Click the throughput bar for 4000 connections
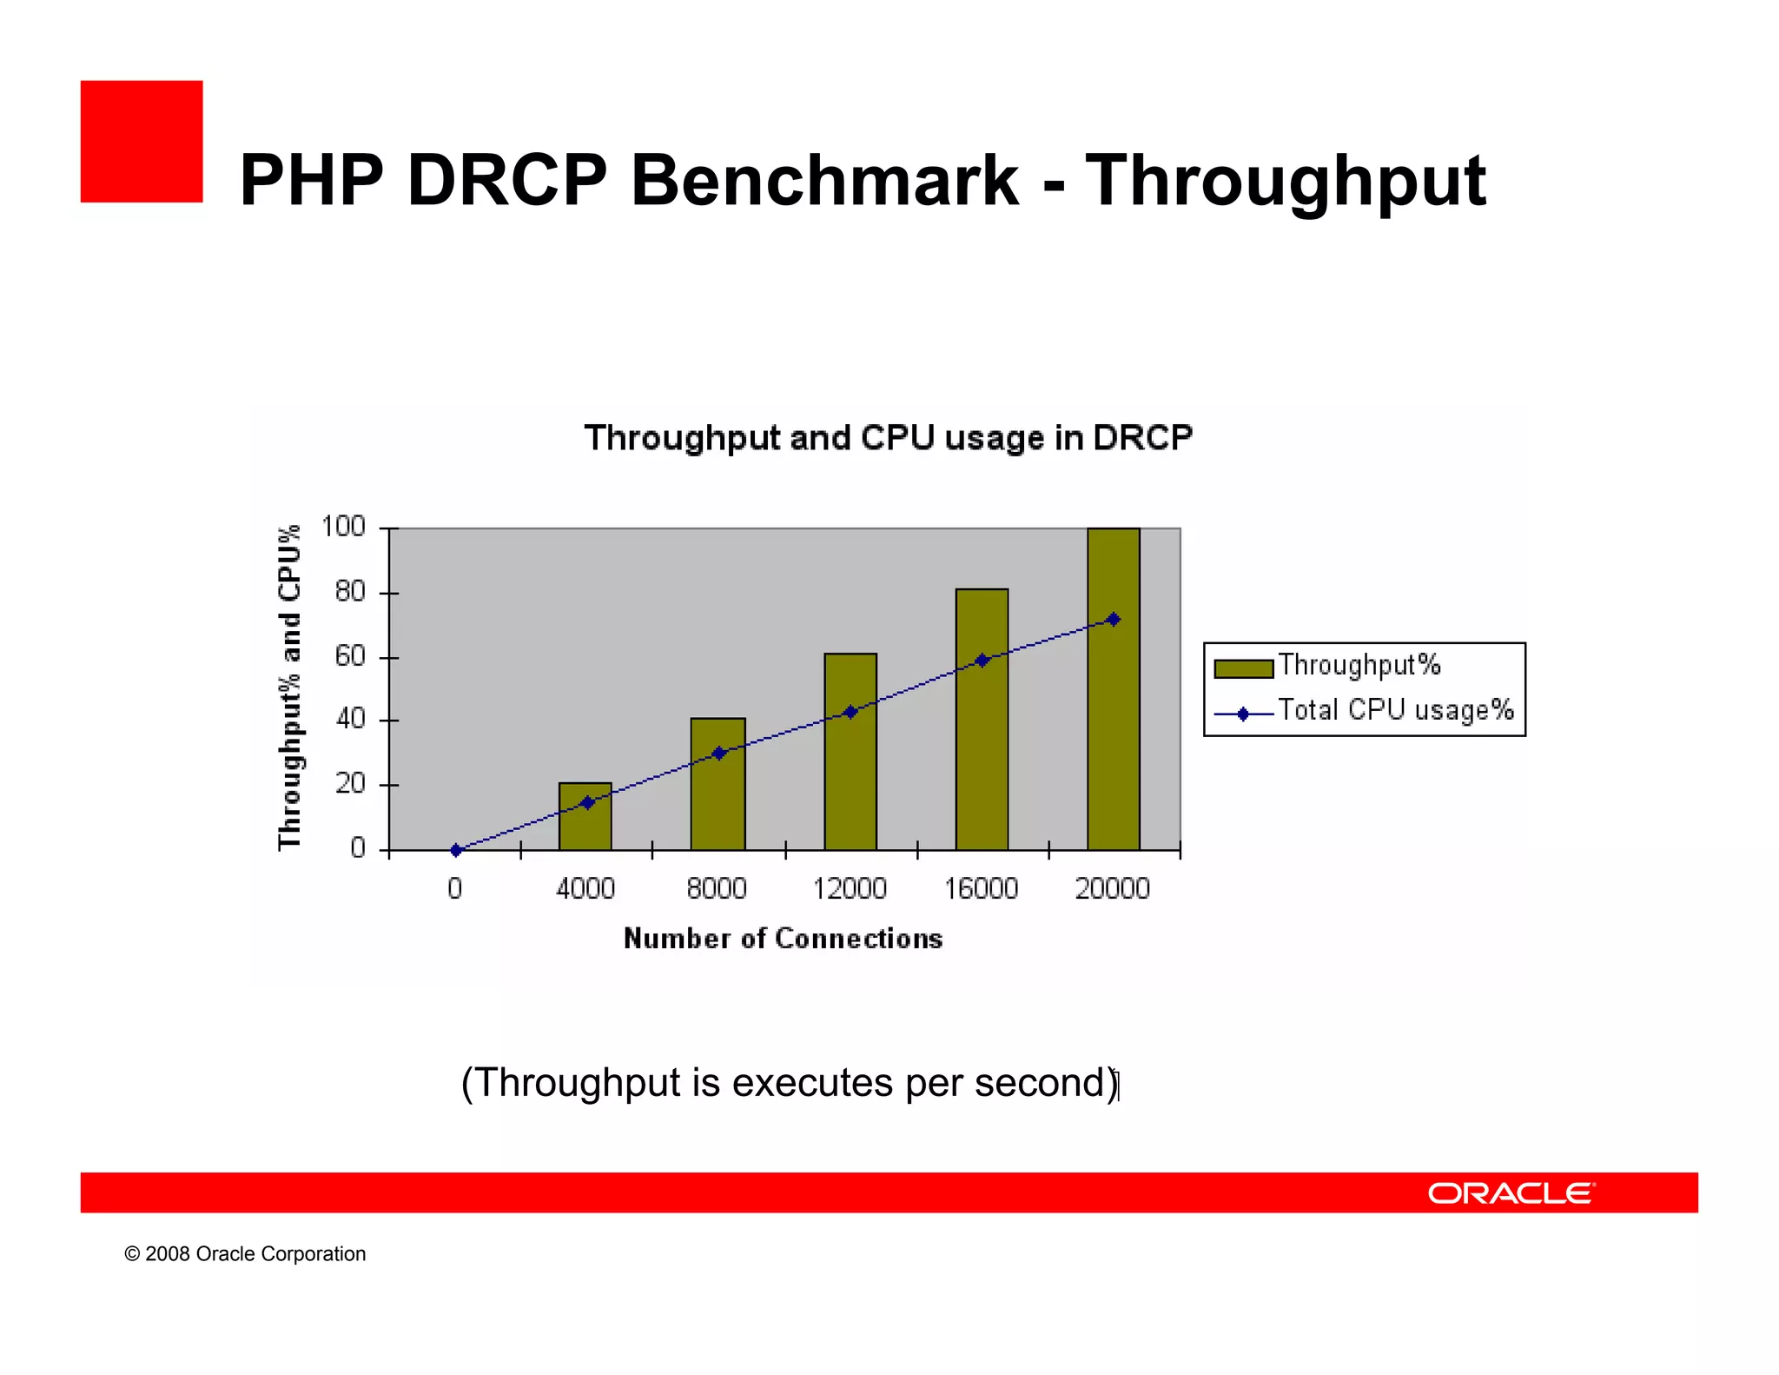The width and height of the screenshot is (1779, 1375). [x=585, y=826]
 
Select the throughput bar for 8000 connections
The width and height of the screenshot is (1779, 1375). [x=718, y=800]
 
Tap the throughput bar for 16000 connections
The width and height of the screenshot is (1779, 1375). [x=982, y=747]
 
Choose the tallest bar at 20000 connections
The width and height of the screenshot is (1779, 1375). [x=1113, y=739]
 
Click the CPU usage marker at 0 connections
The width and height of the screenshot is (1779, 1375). [x=456, y=850]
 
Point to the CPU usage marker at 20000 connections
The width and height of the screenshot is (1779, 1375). [x=1114, y=620]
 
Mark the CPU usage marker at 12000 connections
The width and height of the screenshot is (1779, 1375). [x=850, y=712]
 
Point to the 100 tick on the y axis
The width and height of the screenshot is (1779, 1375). [x=343, y=527]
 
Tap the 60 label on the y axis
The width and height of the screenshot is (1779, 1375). [x=349, y=656]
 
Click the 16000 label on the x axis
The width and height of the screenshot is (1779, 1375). [x=981, y=888]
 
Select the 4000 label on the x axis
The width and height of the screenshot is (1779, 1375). [x=585, y=888]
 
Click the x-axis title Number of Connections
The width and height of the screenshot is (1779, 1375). [x=783, y=939]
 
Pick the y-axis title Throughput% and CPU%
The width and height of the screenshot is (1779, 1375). [x=289, y=687]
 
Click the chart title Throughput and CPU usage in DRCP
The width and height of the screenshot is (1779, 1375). [x=888, y=438]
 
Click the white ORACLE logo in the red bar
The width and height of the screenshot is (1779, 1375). [x=1511, y=1192]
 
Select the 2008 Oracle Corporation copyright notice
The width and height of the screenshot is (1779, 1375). [x=245, y=1253]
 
